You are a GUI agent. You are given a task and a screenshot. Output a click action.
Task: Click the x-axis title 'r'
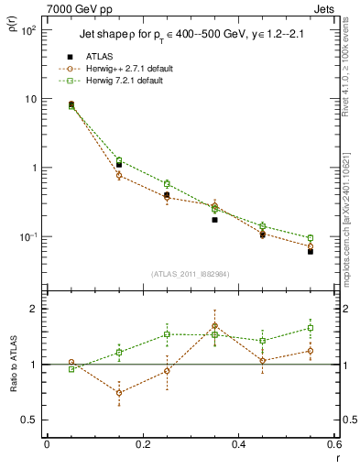click(336, 458)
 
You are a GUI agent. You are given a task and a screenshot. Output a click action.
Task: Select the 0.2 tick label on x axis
click(142, 444)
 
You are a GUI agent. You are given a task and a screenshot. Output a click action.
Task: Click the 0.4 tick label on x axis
click(238, 444)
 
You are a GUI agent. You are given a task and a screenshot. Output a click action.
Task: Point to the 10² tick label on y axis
click(30, 30)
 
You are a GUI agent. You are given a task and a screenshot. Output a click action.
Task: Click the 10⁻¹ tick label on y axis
click(30, 237)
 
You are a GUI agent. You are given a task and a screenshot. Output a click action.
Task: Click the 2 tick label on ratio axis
click(34, 309)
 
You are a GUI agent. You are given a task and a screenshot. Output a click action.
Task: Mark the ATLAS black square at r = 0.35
click(214, 220)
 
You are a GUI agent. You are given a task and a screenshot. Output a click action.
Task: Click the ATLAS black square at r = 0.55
click(311, 250)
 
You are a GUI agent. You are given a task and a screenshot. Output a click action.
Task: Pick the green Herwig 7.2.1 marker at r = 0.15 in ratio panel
click(119, 353)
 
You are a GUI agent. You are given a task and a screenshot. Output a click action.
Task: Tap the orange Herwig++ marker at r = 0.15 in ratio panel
click(119, 393)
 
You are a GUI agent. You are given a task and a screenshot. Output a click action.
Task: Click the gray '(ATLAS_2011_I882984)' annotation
click(190, 274)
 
